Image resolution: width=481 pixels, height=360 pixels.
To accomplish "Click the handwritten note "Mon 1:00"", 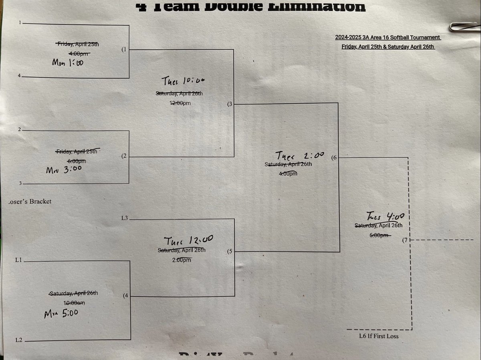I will click(x=68, y=62).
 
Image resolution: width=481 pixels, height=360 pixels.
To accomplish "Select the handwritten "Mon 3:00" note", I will click(x=64, y=169).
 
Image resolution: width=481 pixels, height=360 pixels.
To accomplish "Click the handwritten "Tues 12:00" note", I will click(x=189, y=241).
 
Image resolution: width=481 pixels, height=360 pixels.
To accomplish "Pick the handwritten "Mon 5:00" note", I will click(x=61, y=313).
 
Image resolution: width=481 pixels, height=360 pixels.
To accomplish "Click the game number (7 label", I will click(x=405, y=240).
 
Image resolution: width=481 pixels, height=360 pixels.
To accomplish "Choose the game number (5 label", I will click(x=229, y=252).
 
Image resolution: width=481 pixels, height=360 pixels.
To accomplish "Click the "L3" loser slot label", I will click(x=125, y=218).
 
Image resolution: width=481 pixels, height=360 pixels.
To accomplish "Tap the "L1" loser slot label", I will click(x=18, y=261).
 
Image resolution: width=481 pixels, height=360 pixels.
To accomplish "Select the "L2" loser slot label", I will click(x=18, y=340).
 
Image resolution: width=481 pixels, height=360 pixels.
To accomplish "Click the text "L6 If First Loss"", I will click(x=379, y=336).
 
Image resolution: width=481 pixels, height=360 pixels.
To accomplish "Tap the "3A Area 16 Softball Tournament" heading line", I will click(x=388, y=38).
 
